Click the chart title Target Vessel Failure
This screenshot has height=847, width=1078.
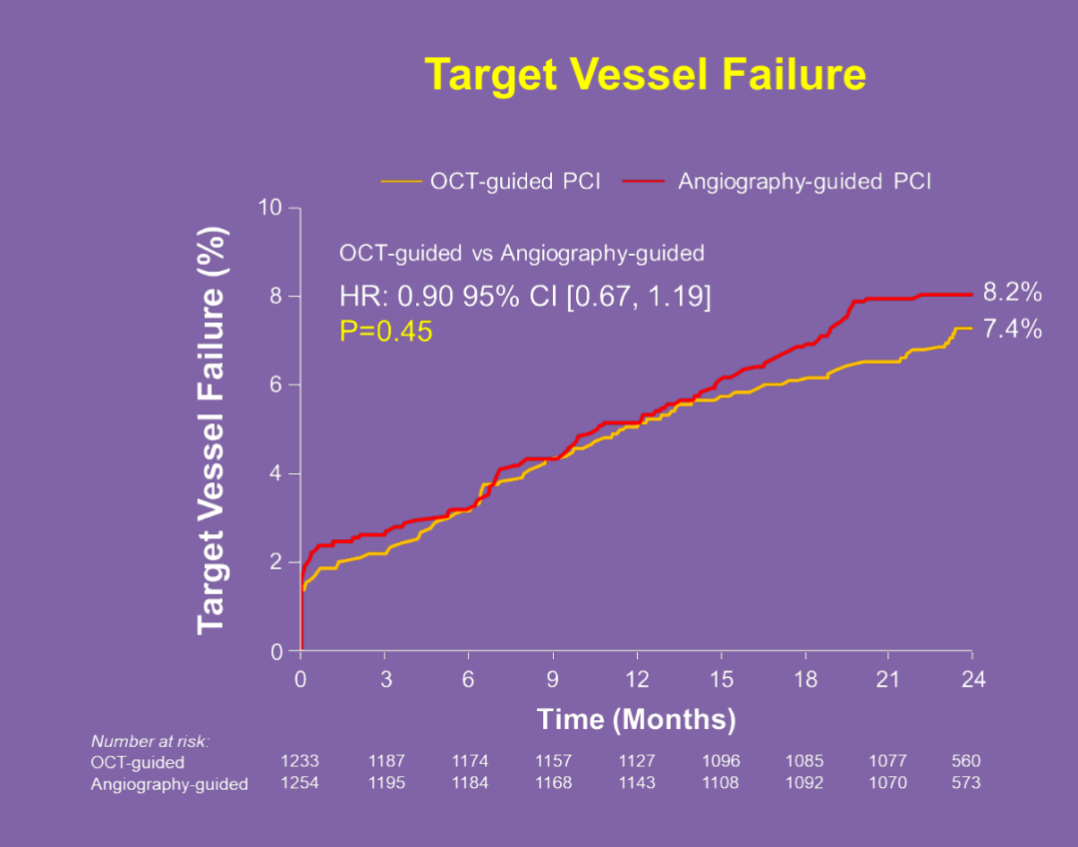[645, 74]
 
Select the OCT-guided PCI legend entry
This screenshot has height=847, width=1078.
[491, 181]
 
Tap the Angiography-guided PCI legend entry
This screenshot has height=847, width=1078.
[778, 181]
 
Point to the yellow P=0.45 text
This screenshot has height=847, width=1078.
[385, 332]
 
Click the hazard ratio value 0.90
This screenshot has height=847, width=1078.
[426, 297]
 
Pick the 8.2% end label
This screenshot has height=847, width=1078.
[1012, 293]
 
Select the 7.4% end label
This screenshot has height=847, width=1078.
[1012, 329]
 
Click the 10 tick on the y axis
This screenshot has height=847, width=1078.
[270, 207]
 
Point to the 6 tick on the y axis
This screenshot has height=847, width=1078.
[275, 385]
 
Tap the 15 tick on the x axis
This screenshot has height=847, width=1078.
[722, 680]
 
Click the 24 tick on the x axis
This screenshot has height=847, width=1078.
[973, 680]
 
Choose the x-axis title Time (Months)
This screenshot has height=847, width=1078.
[636, 719]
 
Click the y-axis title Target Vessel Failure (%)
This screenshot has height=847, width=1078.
[211, 430]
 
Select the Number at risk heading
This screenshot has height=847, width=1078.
[150, 741]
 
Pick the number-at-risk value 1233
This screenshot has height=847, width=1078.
[299, 761]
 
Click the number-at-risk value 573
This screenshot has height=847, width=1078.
[966, 782]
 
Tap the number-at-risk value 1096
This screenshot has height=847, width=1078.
[722, 761]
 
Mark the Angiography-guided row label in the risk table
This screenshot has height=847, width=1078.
[169, 784]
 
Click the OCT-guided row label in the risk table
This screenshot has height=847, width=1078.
[138, 762]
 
